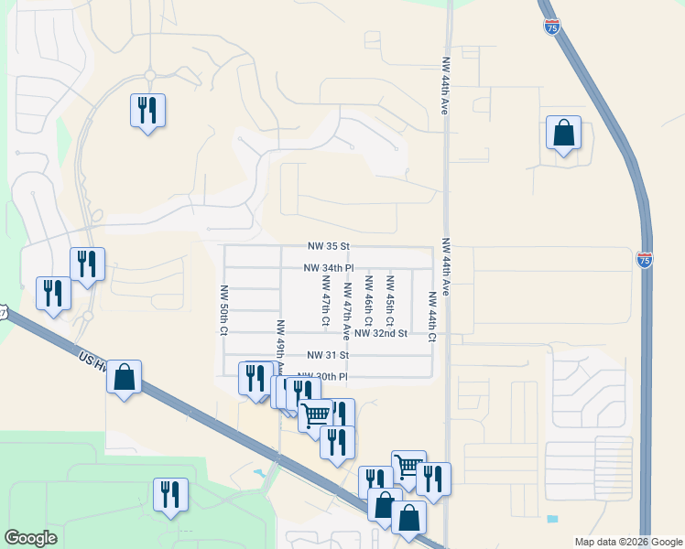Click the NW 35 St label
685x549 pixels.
pos(329,247)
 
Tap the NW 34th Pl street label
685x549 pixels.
pos(329,268)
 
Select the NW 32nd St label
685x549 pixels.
pos(381,333)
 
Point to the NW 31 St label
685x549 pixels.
pos(329,355)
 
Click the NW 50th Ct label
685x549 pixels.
pos(223,310)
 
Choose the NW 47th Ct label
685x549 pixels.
pos(325,301)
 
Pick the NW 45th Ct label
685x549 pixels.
pos(390,301)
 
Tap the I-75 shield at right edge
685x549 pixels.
pos(644,260)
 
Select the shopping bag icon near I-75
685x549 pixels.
pos(564,133)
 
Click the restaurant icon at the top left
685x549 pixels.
pos(147,111)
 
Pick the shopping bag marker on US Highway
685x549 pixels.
pos(124,376)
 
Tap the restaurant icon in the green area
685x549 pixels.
pos(170,494)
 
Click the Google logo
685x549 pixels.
pos(30,538)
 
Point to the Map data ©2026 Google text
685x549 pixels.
pos(627,542)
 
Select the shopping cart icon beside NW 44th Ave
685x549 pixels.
pos(408,467)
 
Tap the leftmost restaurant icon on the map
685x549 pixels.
pos(52,294)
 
